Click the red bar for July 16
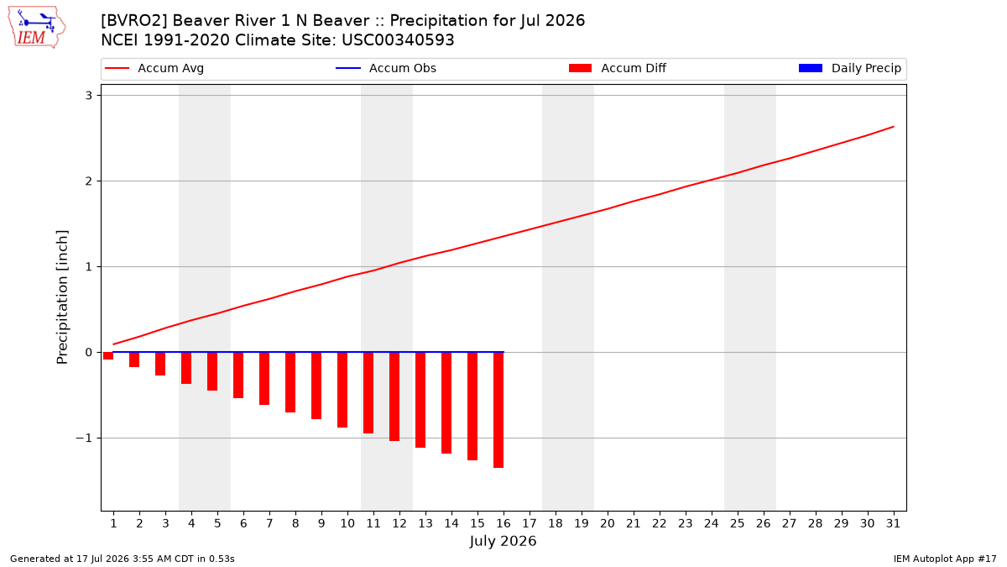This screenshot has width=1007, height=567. click(x=498, y=410)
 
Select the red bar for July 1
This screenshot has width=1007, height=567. click(x=108, y=356)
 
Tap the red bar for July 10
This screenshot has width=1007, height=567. click(x=342, y=390)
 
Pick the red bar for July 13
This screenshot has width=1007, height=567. click(x=420, y=400)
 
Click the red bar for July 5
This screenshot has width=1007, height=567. click(x=212, y=371)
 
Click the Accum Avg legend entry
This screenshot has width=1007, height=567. click(x=154, y=68)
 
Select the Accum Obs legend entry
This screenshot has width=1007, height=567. click(x=386, y=68)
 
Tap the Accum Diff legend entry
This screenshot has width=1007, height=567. click(x=618, y=68)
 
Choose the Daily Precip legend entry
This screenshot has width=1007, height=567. click(x=849, y=68)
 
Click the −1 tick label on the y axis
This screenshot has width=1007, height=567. click(x=84, y=438)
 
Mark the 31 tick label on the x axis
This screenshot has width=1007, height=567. click(x=893, y=523)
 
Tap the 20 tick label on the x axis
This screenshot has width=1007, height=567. click(x=608, y=523)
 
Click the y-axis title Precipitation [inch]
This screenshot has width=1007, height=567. click(x=62, y=297)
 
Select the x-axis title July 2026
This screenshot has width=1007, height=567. click(x=503, y=541)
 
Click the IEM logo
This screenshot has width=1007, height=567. click(x=37, y=28)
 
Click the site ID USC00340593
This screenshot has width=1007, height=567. click(x=398, y=40)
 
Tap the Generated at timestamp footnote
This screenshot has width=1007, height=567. click(x=123, y=559)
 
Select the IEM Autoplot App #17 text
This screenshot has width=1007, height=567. click(x=945, y=559)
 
